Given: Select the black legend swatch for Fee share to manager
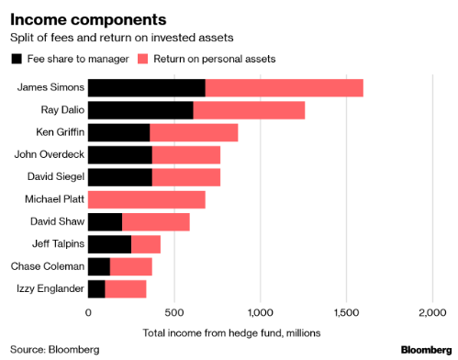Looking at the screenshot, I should click(17, 59).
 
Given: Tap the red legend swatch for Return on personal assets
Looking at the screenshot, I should click(142, 59).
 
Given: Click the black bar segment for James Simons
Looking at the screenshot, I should click(147, 88).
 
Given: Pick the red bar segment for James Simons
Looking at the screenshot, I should click(285, 88).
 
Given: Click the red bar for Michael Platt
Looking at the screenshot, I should click(147, 199).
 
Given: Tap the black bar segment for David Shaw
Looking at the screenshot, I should click(106, 221).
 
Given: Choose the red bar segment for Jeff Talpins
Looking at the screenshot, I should click(146, 243).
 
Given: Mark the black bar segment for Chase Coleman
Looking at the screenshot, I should click(99, 266).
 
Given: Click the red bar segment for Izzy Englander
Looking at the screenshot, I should click(126, 288).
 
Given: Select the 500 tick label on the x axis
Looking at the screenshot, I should click(174, 312).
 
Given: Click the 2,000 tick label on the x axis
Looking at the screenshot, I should click(431, 312).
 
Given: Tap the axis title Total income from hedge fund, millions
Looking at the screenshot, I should click(234, 332).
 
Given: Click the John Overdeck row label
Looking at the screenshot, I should click(49, 154).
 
